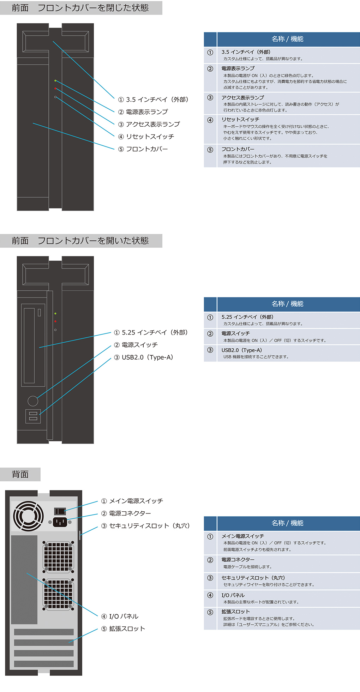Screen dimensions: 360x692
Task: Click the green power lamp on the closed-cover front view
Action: click(55, 81)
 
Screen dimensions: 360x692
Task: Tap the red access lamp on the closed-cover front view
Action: click(55, 89)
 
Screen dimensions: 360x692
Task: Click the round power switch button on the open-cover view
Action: click(33, 401)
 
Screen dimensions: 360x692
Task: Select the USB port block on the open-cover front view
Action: click(33, 416)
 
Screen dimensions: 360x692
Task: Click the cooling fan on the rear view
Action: click(28, 516)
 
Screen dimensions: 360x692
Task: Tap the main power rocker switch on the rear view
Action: click(60, 511)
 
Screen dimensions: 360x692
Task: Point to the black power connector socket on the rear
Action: click(60, 522)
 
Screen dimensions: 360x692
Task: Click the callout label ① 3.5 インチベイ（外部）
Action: click(153, 100)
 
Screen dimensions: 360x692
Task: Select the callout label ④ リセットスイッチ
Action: click(146, 137)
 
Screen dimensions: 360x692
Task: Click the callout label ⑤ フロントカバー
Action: click(143, 149)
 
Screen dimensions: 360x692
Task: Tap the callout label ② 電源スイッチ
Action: click(136, 345)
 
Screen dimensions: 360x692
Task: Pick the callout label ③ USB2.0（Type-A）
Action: click(144, 357)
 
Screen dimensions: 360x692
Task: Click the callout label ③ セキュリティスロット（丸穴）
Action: click(146, 526)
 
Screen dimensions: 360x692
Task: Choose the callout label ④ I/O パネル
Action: click(120, 616)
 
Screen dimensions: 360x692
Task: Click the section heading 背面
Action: click(20, 474)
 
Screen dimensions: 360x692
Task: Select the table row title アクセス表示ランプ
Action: click(243, 97)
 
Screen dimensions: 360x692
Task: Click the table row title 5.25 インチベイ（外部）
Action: click(247, 317)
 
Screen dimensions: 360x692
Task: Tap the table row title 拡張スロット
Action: click(236, 612)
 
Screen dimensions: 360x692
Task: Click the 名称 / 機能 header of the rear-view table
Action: click(288, 523)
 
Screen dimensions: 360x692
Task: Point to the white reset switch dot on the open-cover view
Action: click(55, 330)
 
